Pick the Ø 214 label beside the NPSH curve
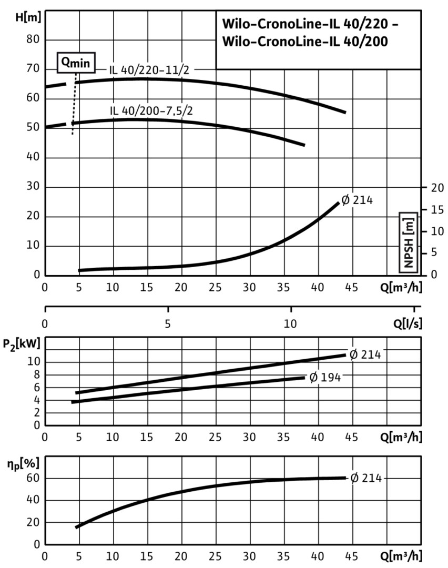[357, 200]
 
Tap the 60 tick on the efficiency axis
[33, 479]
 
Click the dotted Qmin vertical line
[74, 105]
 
